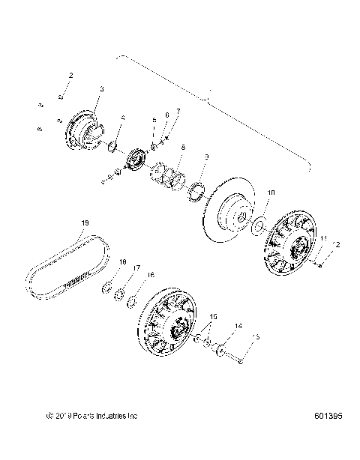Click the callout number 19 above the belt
pyautogui.click(x=85, y=223)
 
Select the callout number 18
pyautogui.click(x=122, y=261)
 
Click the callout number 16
pyautogui.click(x=151, y=275)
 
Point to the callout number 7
pyautogui.click(x=178, y=111)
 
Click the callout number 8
pyautogui.click(x=182, y=148)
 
